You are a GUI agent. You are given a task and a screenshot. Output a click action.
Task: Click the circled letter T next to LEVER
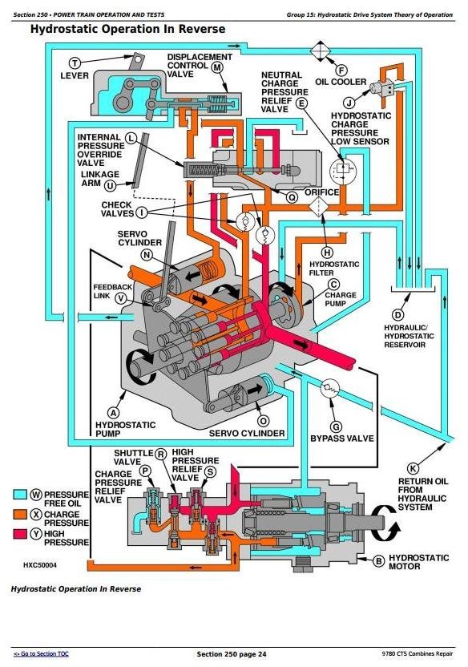(x=75, y=63)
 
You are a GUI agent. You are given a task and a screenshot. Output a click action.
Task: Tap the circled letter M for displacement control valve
(x=217, y=68)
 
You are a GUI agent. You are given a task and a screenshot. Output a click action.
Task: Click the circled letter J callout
(x=349, y=102)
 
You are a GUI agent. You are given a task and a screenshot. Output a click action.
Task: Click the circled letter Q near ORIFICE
(x=292, y=196)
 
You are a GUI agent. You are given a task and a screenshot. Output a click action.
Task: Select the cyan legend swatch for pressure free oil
(x=21, y=495)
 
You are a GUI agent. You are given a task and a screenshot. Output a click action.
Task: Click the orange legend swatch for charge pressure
(x=21, y=512)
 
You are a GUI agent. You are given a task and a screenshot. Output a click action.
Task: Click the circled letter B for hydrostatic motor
(x=379, y=561)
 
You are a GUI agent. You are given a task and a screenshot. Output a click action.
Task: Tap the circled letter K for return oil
(x=413, y=468)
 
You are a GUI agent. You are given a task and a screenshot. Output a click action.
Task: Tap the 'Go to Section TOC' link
(x=41, y=655)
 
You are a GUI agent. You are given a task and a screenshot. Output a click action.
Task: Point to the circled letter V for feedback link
(x=120, y=297)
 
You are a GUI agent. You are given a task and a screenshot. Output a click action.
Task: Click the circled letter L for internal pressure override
(x=131, y=137)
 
